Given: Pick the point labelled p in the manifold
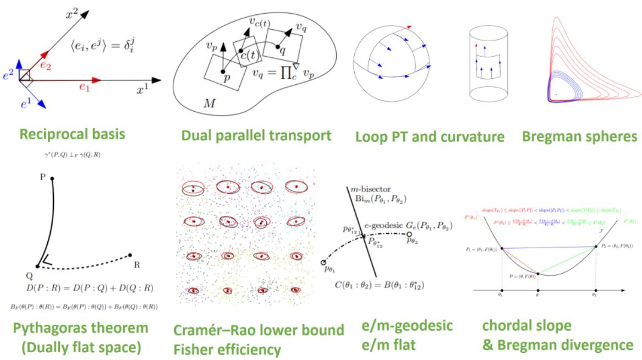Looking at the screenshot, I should click(x=223, y=72).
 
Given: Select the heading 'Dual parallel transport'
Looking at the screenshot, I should click(x=257, y=135).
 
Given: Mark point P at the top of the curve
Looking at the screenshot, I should click(x=52, y=178).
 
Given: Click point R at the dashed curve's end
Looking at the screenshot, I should click(x=130, y=255).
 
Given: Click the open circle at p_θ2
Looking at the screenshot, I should click(x=409, y=234).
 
